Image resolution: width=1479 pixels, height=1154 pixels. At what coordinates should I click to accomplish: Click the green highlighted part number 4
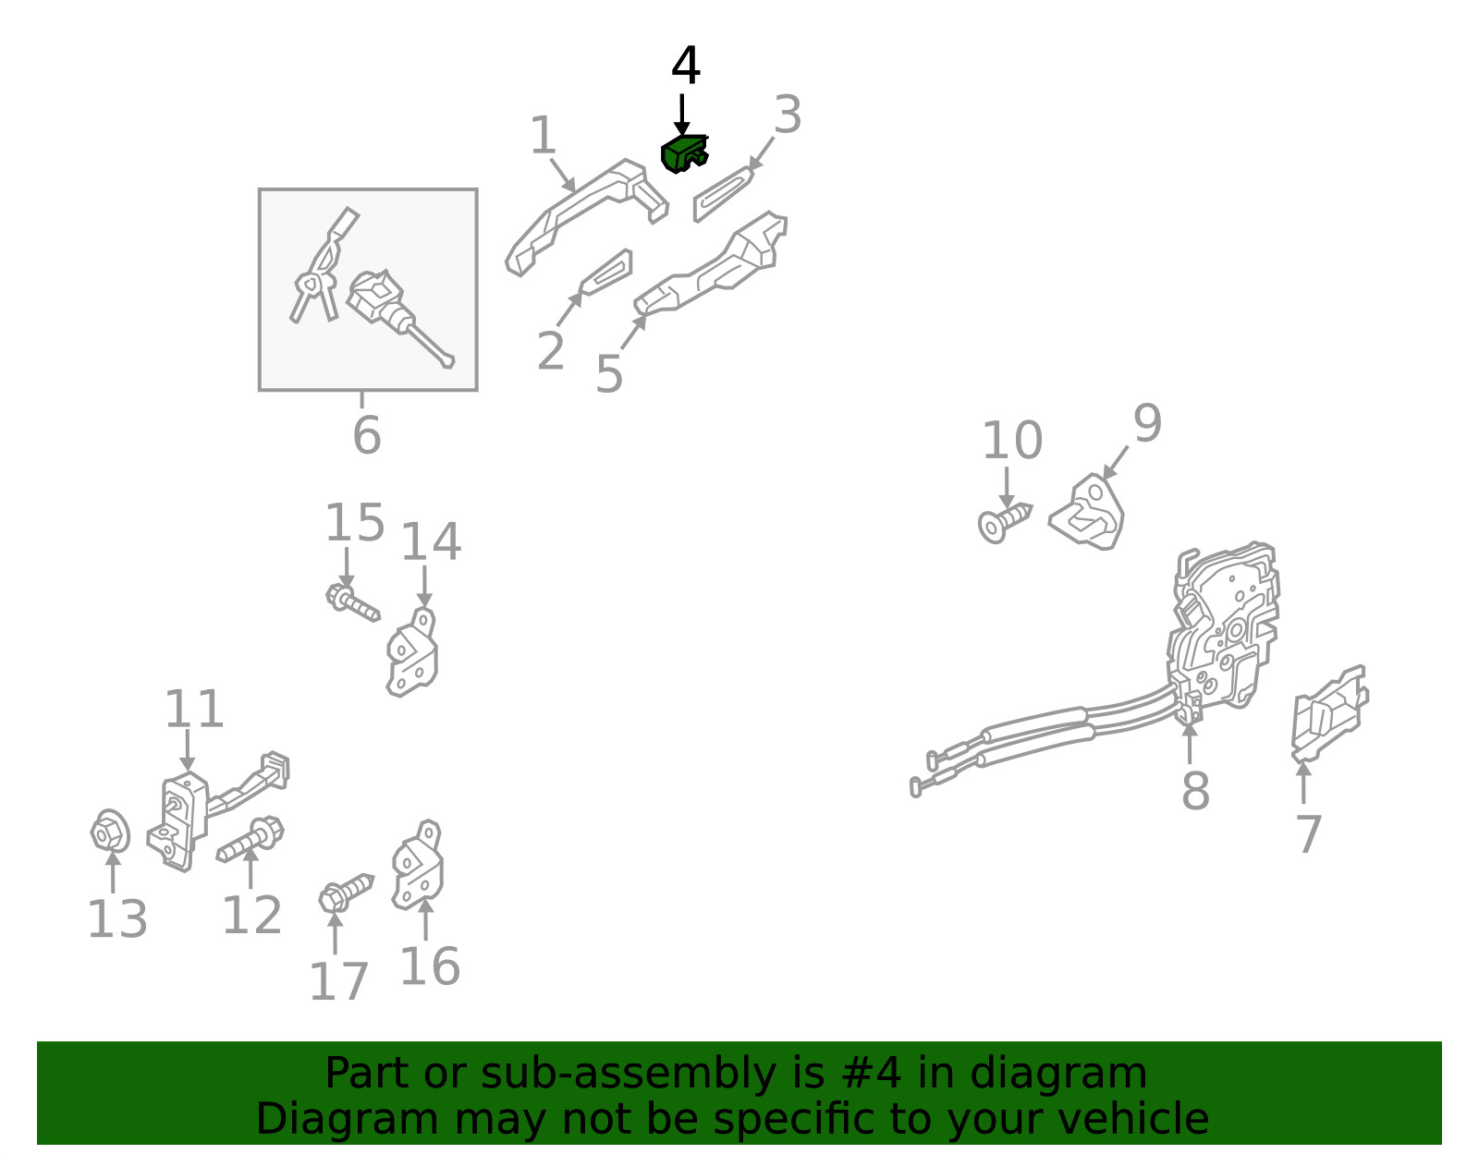pyautogui.click(x=683, y=154)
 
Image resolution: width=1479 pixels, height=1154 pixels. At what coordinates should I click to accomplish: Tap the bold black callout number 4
pyautogui.click(x=685, y=66)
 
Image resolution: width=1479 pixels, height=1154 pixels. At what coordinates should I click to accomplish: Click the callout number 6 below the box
pyautogui.click(x=367, y=435)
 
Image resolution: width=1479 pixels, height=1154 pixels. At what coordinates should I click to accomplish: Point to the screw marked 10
pyautogui.click(x=1005, y=523)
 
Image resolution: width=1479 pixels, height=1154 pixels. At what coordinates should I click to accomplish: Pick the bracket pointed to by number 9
pyautogui.click(x=1087, y=513)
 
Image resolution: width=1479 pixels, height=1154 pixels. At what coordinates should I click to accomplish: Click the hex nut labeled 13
pyautogui.click(x=110, y=831)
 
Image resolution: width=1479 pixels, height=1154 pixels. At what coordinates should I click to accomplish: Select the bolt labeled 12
pyautogui.click(x=250, y=841)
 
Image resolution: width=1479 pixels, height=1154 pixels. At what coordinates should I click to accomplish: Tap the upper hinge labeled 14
pyautogui.click(x=412, y=653)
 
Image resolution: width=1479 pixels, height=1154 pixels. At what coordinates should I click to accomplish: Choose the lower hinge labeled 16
pyautogui.click(x=417, y=866)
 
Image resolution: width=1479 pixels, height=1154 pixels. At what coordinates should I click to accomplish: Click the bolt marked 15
pyautogui.click(x=352, y=602)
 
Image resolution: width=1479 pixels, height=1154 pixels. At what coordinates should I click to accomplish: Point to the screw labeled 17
pyautogui.click(x=346, y=893)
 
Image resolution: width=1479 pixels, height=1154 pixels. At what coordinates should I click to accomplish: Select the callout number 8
pyautogui.click(x=1196, y=791)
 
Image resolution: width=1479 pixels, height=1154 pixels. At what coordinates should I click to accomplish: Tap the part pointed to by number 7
pyautogui.click(x=1329, y=713)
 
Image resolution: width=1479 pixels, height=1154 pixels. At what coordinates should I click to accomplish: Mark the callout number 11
pyautogui.click(x=194, y=709)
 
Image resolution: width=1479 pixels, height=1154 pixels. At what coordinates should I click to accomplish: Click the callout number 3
pyautogui.click(x=788, y=115)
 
